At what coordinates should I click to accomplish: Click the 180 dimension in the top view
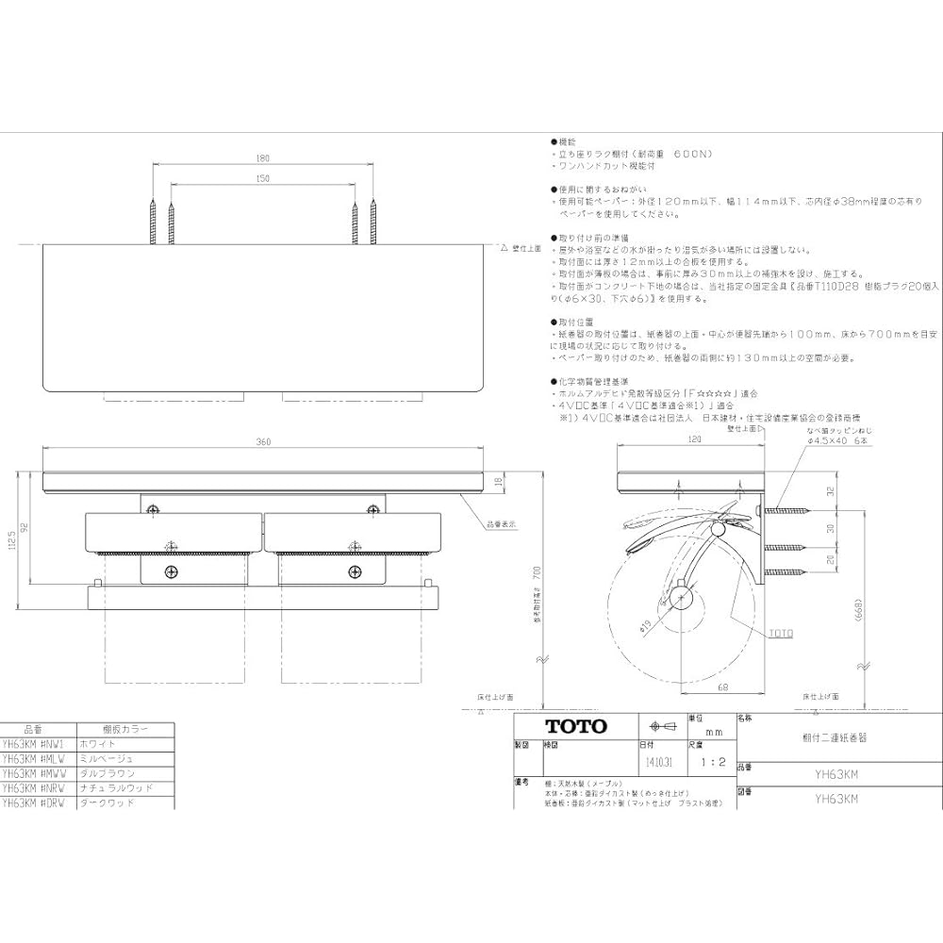(261, 159)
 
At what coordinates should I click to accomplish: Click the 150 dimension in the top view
(261, 178)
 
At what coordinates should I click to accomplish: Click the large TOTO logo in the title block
(576, 726)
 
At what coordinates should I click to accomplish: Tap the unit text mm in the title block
(714, 732)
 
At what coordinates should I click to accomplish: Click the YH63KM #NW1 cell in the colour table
(31, 743)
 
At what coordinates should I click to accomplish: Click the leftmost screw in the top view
(151, 222)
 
